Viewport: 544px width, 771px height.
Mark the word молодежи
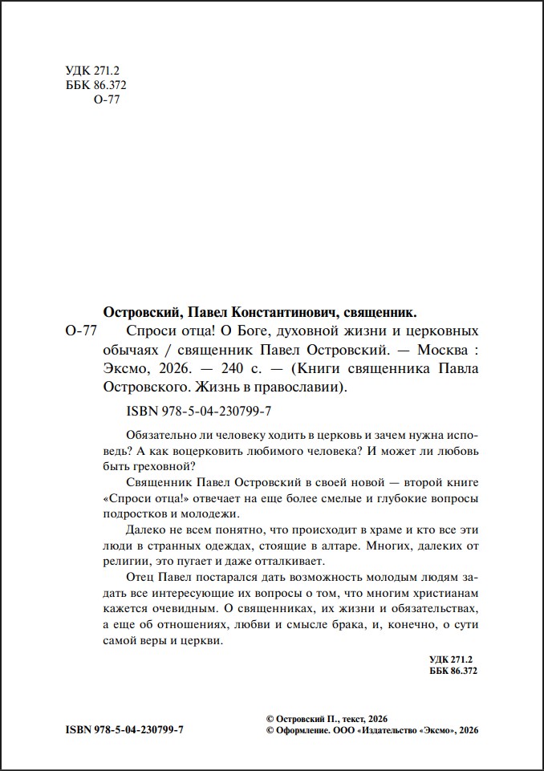[x=210, y=514]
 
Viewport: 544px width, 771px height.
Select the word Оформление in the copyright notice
[x=300, y=730]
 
